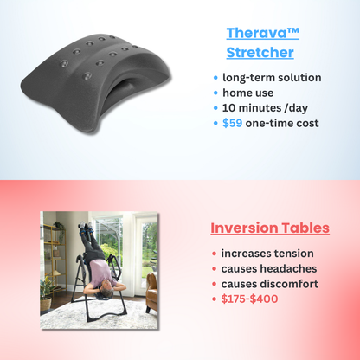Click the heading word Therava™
click(x=263, y=34)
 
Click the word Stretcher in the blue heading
click(x=260, y=53)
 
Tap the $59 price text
click(x=232, y=123)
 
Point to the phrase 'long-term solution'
click(x=271, y=77)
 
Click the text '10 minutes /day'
click(x=263, y=107)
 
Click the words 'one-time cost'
click(x=282, y=123)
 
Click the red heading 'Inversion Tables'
click(x=270, y=228)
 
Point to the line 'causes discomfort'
click(x=270, y=284)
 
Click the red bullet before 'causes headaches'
click(x=215, y=269)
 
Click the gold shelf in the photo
click(x=54, y=260)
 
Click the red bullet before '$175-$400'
click(x=215, y=299)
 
